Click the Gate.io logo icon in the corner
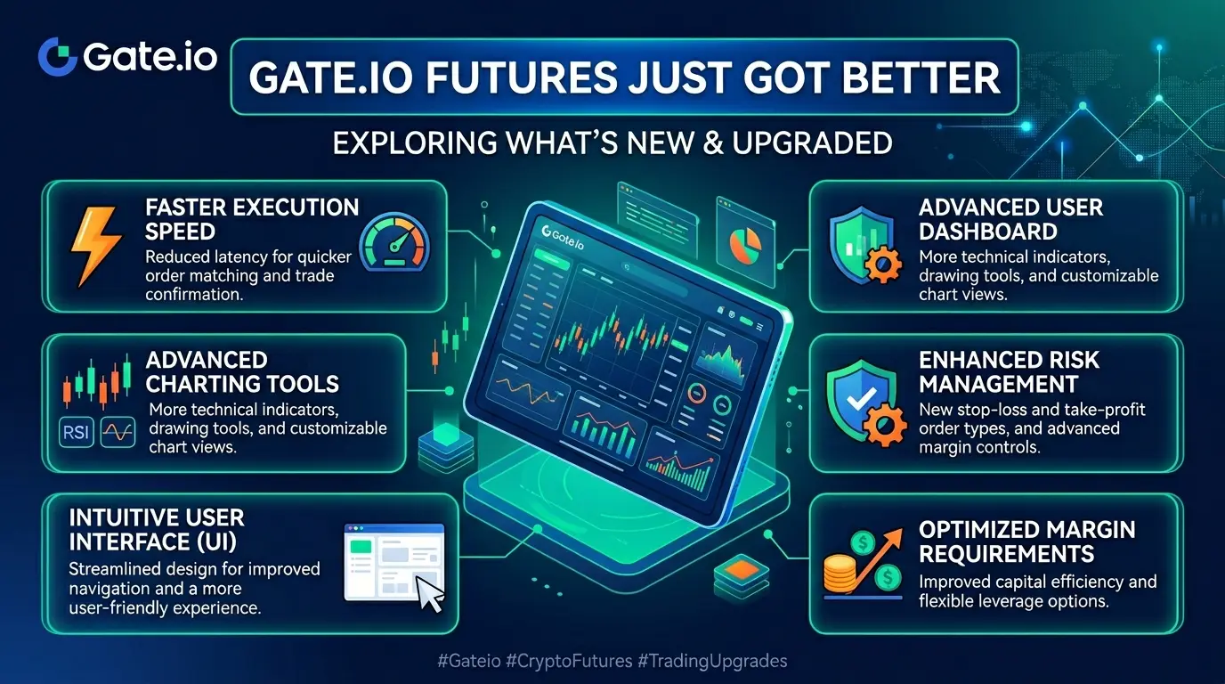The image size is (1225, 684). coord(57,56)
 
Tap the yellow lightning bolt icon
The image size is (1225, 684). coord(96,246)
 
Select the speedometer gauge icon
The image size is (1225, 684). coord(394,242)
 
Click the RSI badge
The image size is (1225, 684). coord(76,433)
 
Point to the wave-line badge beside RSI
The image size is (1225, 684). coord(118,433)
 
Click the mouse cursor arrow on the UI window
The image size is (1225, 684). coord(429,593)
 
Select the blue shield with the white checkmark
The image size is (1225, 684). coord(860,401)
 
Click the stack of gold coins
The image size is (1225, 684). coord(840,574)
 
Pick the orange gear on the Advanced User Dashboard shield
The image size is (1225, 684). coord(883,265)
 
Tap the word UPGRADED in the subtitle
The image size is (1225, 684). coord(812,142)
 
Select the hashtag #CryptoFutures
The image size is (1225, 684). coord(569,661)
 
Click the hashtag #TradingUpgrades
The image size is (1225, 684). coord(712,661)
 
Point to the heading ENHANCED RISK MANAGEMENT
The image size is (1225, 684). coord(1009,372)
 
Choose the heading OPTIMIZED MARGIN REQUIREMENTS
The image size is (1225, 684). coord(1026,541)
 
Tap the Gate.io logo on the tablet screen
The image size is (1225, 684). coord(562,237)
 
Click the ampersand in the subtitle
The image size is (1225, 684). coord(712,142)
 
